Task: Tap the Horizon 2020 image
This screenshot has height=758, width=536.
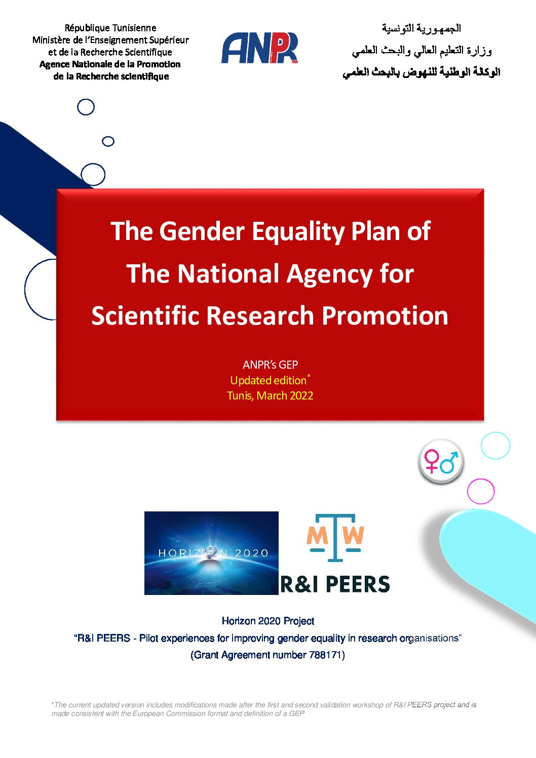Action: pyautogui.click(x=211, y=553)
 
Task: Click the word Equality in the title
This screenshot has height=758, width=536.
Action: pyautogui.click(x=298, y=232)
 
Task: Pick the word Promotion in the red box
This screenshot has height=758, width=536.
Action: pyautogui.click(x=385, y=316)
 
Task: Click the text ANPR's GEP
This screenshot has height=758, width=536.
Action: pyautogui.click(x=270, y=365)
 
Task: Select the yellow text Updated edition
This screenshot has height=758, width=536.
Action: pyautogui.click(x=268, y=380)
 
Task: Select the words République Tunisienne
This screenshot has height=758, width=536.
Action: pyautogui.click(x=110, y=28)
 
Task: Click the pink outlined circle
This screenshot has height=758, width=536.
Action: pyautogui.click(x=481, y=491)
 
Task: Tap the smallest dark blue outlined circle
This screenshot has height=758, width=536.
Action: pyautogui.click(x=108, y=141)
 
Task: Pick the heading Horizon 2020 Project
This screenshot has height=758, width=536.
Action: pyautogui.click(x=268, y=621)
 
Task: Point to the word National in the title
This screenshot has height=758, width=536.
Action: pyautogui.click(x=229, y=273)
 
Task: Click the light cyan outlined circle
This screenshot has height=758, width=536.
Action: pyautogui.click(x=495, y=445)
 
